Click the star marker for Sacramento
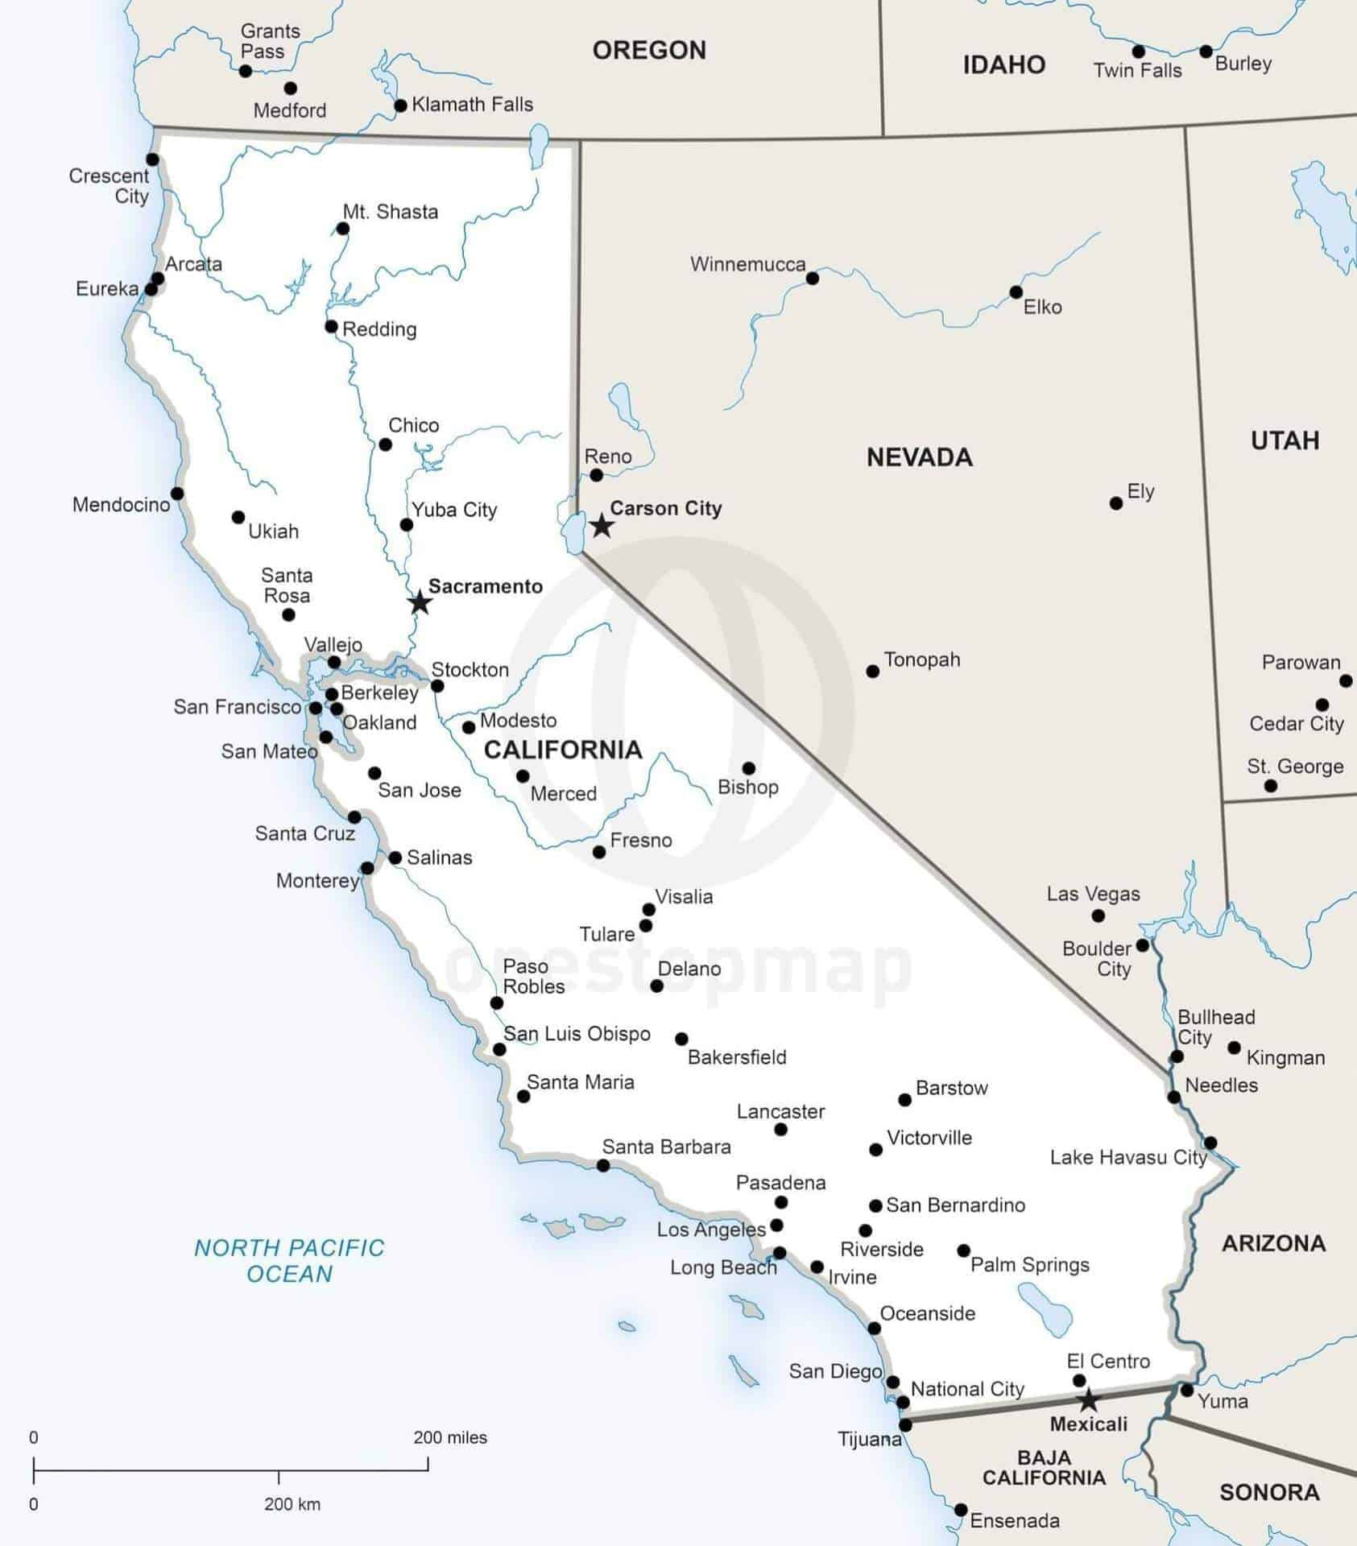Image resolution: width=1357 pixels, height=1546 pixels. point(420,602)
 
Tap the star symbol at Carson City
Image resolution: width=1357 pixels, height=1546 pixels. point(602,526)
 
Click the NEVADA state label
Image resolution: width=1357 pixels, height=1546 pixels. point(919,457)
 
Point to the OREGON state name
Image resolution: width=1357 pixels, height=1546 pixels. point(649,51)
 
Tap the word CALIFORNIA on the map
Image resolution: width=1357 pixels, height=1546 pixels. point(563,750)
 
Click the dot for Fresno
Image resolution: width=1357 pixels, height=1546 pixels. point(599,852)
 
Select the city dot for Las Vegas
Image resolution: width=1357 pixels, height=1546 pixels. point(1098,916)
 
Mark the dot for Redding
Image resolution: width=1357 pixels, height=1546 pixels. point(331,326)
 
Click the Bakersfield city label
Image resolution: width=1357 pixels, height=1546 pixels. point(737,1057)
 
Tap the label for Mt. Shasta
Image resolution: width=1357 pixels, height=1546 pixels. point(391,212)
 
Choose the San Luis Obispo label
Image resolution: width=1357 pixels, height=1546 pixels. point(577,1034)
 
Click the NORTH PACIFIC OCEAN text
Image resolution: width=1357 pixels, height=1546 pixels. point(289,1261)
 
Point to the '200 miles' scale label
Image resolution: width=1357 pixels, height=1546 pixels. point(450,1437)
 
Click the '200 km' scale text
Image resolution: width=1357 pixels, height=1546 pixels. point(292,1504)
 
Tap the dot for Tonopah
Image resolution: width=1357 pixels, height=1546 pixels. point(873,671)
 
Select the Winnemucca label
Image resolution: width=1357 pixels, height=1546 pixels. point(747,264)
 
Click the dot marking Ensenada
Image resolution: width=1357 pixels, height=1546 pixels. point(961,1510)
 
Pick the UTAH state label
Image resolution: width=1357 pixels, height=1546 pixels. point(1285,440)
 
